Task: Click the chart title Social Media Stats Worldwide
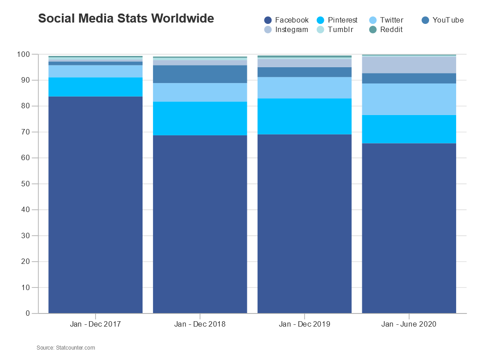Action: pyautogui.click(x=126, y=18)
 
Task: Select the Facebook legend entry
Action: pyautogui.click(x=287, y=20)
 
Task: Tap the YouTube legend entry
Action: pyautogui.click(x=443, y=20)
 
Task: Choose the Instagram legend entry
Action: pyautogui.click(x=286, y=30)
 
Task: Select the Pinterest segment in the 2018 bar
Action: pyautogui.click(x=200, y=118)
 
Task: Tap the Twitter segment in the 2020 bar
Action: pyautogui.click(x=409, y=99)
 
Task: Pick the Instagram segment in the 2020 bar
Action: pyautogui.click(x=409, y=65)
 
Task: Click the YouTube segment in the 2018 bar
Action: pyautogui.click(x=200, y=74)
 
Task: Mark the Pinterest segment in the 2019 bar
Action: pyautogui.click(x=304, y=116)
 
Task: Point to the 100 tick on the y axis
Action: pyautogui.click(x=23, y=55)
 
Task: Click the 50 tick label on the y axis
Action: pyautogui.click(x=25, y=184)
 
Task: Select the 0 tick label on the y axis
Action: pyautogui.click(x=28, y=314)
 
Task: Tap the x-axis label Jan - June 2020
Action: pyautogui.click(x=409, y=324)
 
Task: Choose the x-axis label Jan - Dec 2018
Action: pyautogui.click(x=200, y=324)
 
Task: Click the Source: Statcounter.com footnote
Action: pyautogui.click(x=66, y=348)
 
